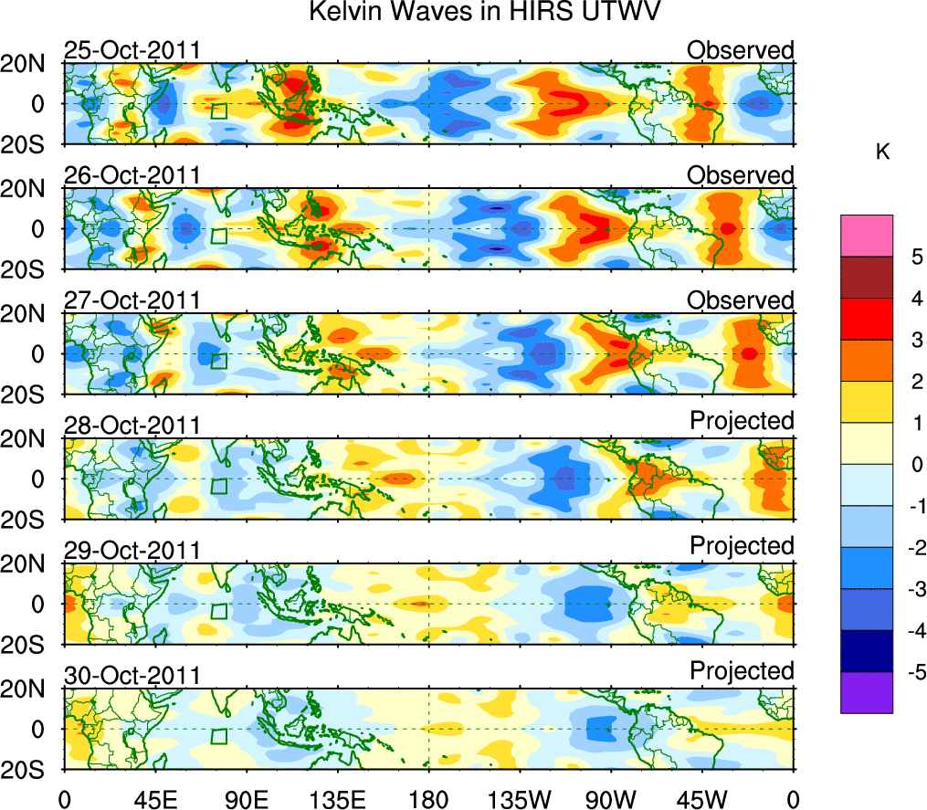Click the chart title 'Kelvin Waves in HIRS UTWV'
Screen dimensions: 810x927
[x=485, y=13]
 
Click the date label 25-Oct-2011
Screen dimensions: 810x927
[x=132, y=50]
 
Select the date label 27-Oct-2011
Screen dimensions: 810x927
[x=132, y=300]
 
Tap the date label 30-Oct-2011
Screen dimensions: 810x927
[x=132, y=676]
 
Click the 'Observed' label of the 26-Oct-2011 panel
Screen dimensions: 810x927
[x=741, y=175]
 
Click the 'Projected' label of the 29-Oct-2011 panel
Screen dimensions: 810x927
[x=742, y=545]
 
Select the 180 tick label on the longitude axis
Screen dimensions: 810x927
[x=428, y=799]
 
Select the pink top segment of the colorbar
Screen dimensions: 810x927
[x=866, y=236]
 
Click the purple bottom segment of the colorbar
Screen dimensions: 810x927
[x=866, y=692]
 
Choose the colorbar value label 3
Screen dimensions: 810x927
[x=913, y=341]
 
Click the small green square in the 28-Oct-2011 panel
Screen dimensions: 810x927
[x=218, y=485]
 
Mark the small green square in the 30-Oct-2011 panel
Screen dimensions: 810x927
[x=218, y=736]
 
